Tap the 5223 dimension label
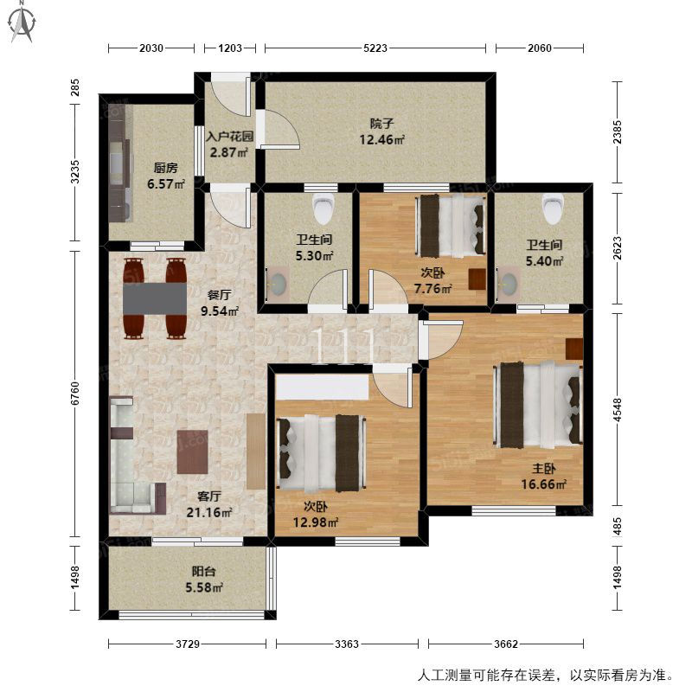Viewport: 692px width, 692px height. point(375,48)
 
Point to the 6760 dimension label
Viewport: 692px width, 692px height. point(75,394)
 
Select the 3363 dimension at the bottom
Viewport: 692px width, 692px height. point(347,644)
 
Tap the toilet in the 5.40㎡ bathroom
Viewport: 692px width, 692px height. point(554,208)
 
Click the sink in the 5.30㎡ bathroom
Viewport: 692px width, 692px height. point(277,284)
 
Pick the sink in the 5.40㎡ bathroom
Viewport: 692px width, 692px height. point(508,283)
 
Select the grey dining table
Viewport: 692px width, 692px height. point(155,298)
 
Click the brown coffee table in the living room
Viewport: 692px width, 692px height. point(192,452)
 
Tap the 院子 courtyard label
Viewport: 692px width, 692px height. point(381,124)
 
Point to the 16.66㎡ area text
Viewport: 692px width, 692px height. point(544,484)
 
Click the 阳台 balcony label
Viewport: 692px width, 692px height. point(203,572)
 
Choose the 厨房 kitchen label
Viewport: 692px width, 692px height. point(165,168)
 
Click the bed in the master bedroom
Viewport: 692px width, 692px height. point(537,404)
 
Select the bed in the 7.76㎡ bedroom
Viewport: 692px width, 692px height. point(450,225)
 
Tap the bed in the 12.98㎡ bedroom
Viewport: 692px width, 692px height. point(321,453)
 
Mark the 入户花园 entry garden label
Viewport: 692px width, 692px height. point(230,136)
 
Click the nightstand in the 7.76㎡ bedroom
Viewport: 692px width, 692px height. point(477,279)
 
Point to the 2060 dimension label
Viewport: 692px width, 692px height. point(539,48)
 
